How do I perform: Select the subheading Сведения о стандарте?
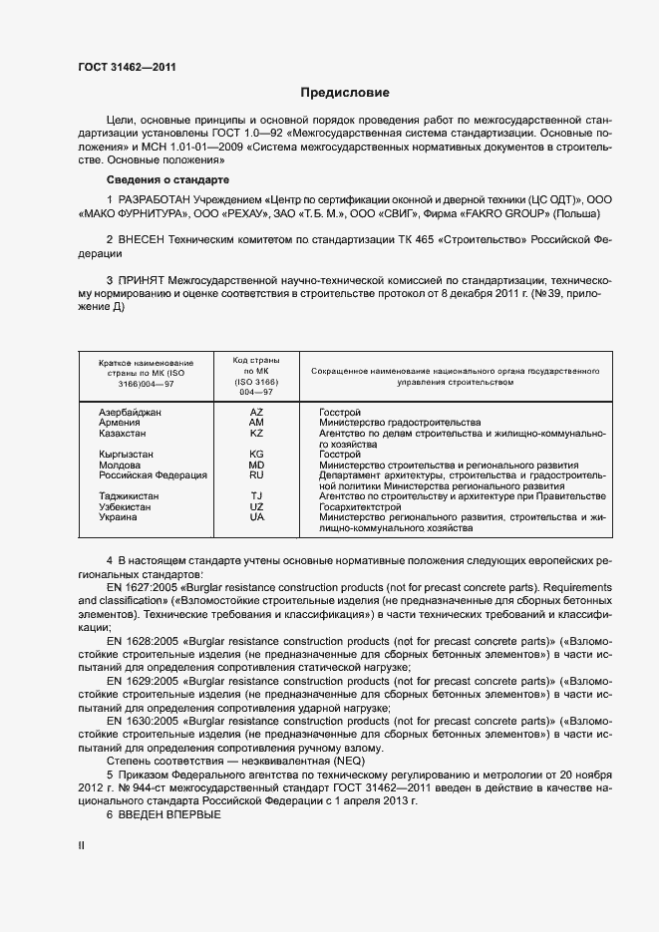(x=168, y=179)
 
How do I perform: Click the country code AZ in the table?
(x=256, y=412)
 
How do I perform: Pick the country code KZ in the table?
(x=256, y=434)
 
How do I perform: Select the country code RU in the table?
(x=256, y=475)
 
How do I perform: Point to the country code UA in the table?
(x=256, y=517)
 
